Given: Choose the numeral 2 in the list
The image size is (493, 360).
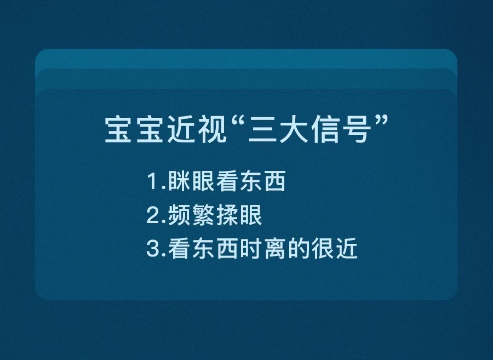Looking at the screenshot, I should [x=152, y=216].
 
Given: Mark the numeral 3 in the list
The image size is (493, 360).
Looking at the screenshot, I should [x=152, y=250].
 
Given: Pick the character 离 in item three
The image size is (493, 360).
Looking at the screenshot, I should [x=274, y=250].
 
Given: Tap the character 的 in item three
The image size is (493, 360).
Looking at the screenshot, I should [x=299, y=250].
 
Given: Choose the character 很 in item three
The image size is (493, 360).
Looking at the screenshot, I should [x=322, y=250].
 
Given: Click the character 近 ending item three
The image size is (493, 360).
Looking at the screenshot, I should [x=346, y=250].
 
